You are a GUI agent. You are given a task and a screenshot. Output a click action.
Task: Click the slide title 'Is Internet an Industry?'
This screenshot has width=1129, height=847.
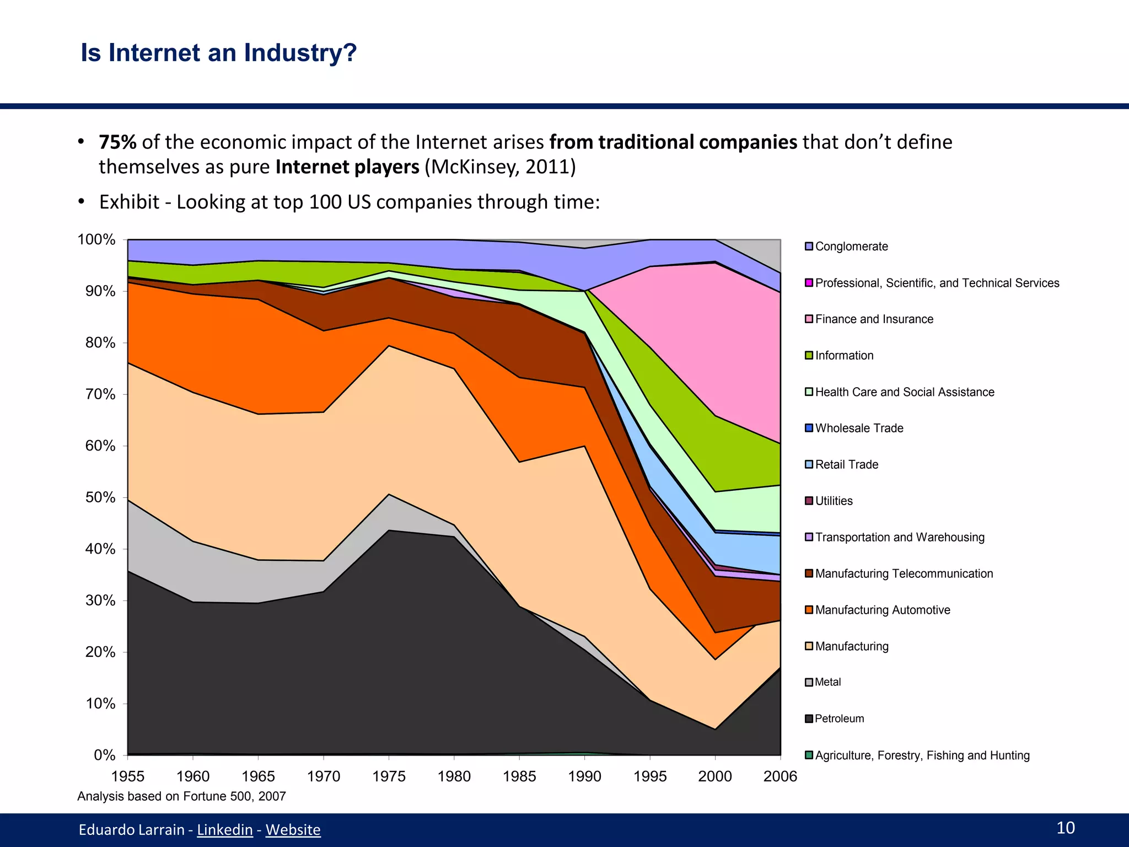[218, 53]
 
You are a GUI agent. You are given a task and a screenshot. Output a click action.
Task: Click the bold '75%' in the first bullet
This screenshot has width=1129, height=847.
[117, 142]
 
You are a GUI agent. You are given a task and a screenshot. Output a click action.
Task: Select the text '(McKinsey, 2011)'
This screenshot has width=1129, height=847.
[500, 167]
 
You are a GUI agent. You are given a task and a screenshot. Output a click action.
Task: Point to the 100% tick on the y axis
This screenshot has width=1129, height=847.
[96, 240]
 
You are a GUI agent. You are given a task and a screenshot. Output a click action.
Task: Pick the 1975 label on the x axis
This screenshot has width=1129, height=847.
[389, 776]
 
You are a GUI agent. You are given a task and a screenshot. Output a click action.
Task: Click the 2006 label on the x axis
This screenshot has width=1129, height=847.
[780, 776]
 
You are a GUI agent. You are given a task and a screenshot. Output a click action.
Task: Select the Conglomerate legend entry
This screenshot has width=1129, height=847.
[851, 246]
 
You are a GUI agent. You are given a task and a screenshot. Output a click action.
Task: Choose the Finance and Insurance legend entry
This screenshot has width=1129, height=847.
[874, 319]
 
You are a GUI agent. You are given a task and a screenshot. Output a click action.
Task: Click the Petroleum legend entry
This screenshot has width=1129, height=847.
[839, 719]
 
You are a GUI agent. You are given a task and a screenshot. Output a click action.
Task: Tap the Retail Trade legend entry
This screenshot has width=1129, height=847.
[846, 464]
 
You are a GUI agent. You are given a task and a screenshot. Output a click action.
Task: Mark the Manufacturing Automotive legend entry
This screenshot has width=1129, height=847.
[882, 610]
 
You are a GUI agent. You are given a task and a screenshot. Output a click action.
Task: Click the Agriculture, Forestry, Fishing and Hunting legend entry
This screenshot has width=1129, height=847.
[922, 755]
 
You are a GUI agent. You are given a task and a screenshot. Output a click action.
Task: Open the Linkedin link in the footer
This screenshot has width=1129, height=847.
[224, 829]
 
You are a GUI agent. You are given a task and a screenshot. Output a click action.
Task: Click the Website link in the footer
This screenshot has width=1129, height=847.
[293, 829]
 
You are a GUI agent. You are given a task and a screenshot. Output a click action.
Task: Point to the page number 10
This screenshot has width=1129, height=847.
[1065, 828]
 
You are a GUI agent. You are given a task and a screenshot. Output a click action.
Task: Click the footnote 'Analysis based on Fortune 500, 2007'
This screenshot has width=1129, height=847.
[181, 796]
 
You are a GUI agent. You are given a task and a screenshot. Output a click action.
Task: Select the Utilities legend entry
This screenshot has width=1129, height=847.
[834, 501]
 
